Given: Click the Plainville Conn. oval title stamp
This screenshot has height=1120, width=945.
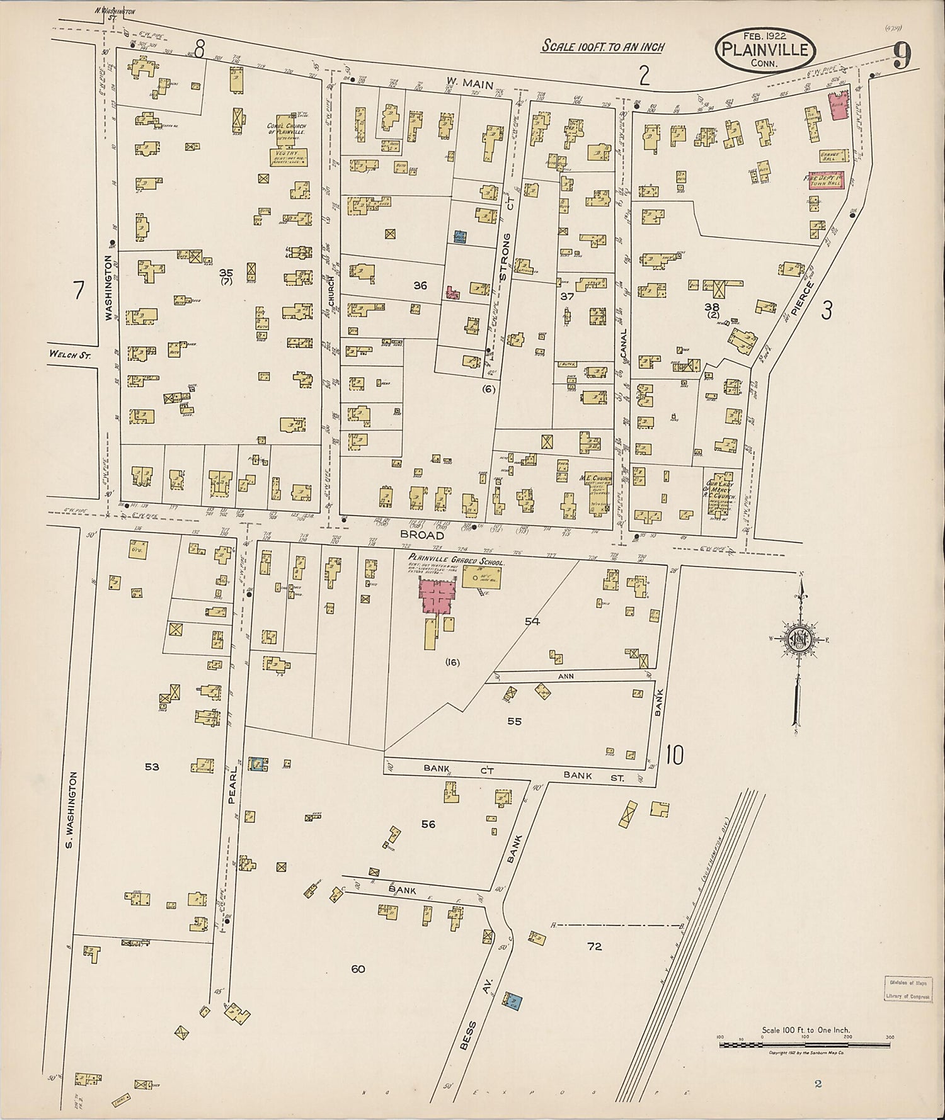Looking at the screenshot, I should pos(765,49).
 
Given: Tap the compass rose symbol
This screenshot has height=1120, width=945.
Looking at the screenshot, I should pos(799,640).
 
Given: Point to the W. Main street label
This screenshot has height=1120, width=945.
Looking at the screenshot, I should pos(460,81).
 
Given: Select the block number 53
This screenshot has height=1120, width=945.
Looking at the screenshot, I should pos(152,766).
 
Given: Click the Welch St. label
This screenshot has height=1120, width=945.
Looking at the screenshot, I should pos(70,355).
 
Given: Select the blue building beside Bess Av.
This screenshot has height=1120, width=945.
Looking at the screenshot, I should pos(514,1000).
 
